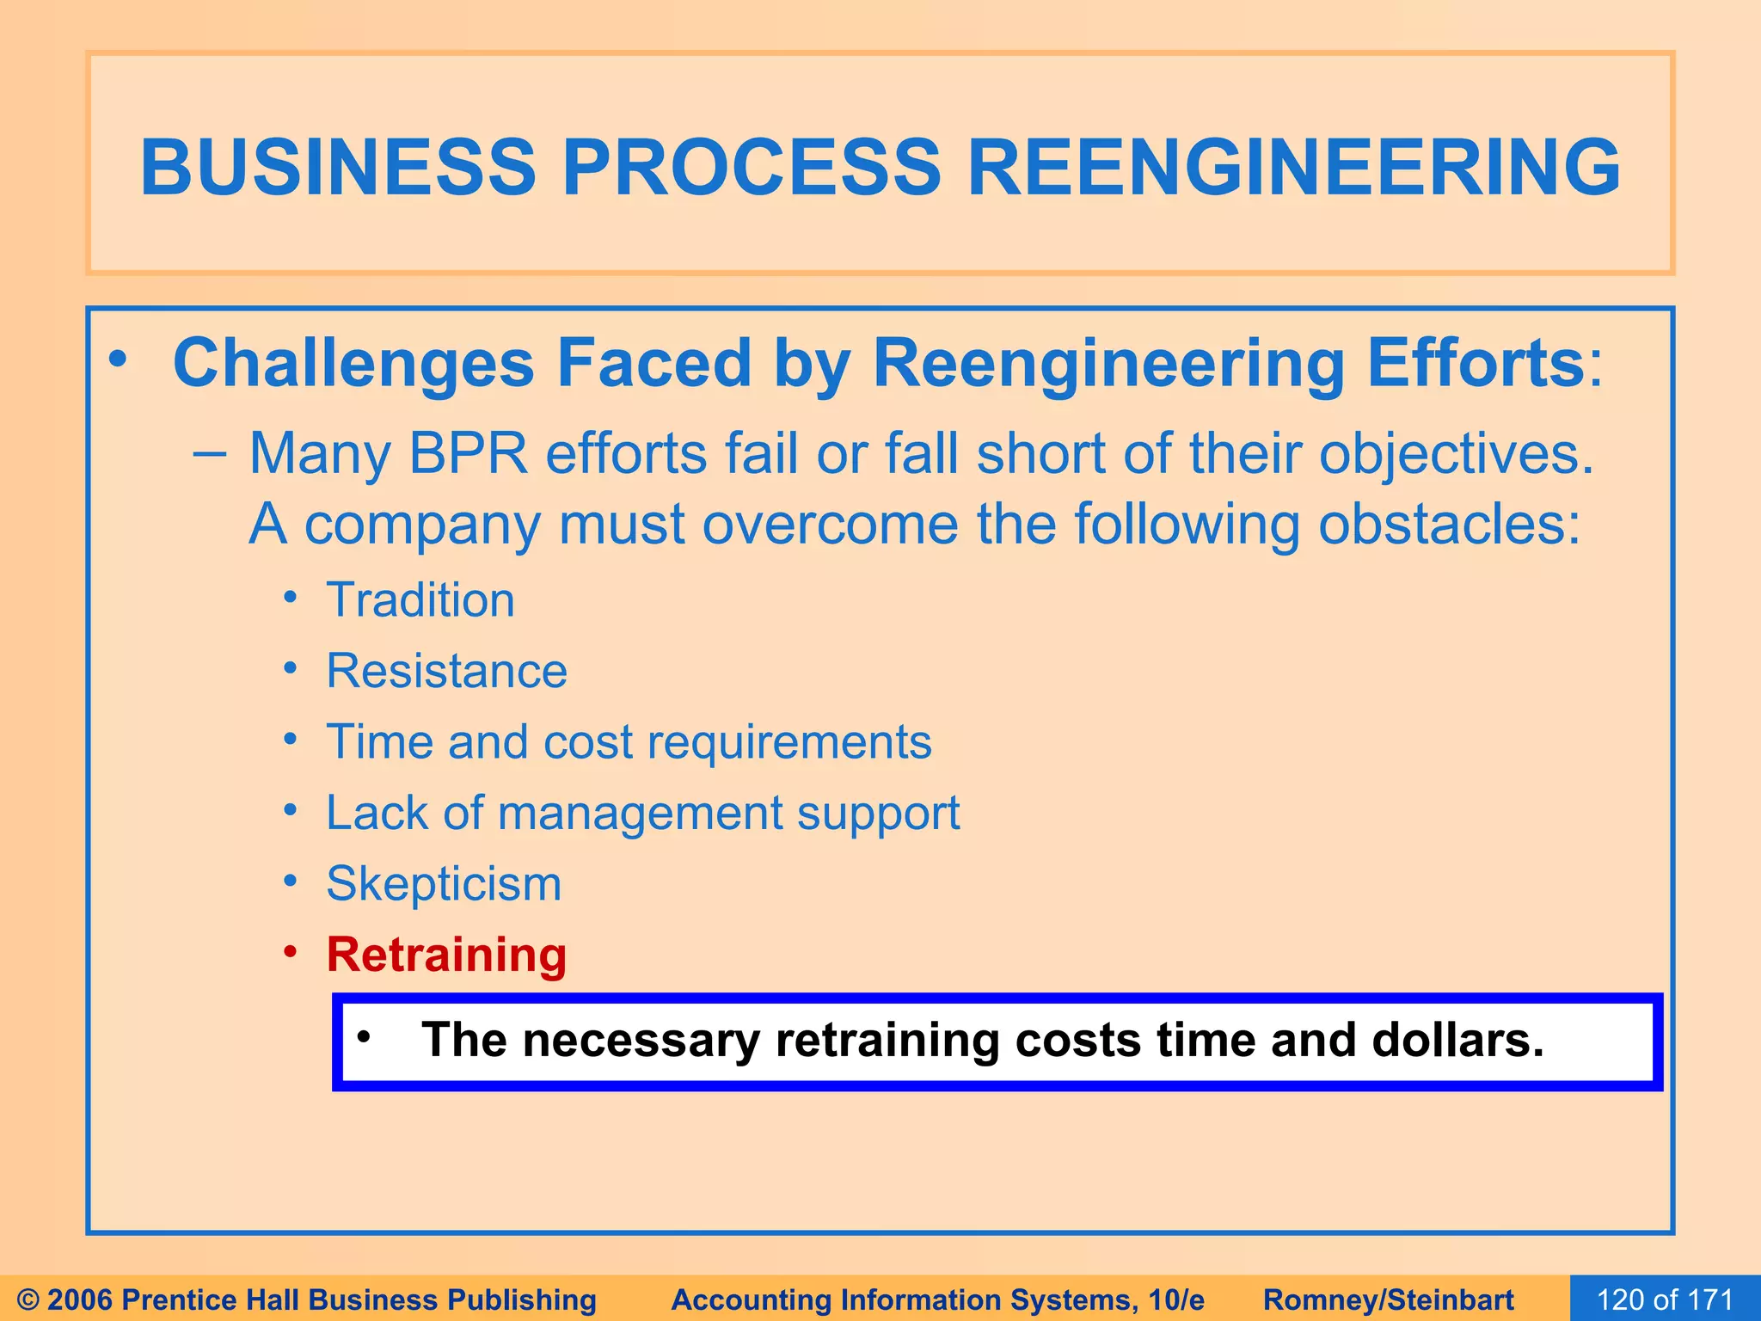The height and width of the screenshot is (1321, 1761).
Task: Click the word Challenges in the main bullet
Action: pyautogui.click(x=353, y=364)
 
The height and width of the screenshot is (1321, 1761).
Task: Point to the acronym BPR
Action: pyautogui.click(x=468, y=453)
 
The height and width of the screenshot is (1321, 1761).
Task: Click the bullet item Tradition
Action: pyautogui.click(x=420, y=599)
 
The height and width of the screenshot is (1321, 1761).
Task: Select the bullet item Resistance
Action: pyautogui.click(x=446, y=671)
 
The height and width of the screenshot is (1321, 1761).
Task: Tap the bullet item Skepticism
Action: pyautogui.click(x=444, y=883)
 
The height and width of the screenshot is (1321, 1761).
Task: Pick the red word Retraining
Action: pyautogui.click(x=446, y=955)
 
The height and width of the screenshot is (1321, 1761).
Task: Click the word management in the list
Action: pyautogui.click(x=640, y=813)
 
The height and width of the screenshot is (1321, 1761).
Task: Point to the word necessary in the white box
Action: pyautogui.click(x=641, y=1041)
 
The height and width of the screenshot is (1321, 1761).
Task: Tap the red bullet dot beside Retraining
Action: pyautogui.click(x=291, y=951)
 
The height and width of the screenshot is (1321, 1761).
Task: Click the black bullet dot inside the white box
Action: pyautogui.click(x=364, y=1037)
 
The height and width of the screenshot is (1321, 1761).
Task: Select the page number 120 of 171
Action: pyautogui.click(x=1665, y=1299)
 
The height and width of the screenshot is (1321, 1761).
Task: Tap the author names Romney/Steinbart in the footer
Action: pyautogui.click(x=1388, y=1299)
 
